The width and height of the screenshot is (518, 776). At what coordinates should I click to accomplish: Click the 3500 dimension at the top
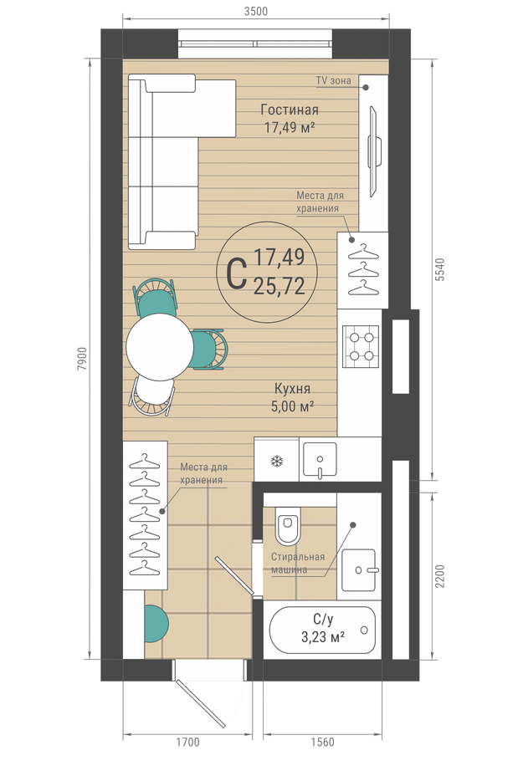tap(255, 11)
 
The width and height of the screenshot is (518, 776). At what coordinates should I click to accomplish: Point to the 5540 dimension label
tap(439, 269)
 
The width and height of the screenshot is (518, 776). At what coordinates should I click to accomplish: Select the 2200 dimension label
tap(439, 576)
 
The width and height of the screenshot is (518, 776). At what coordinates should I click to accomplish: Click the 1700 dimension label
tap(187, 742)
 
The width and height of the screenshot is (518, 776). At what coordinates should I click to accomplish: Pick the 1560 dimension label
tap(322, 742)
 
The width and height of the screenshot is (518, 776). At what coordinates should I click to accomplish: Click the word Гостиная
tap(290, 110)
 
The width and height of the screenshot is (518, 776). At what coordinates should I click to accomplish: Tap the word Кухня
tap(292, 389)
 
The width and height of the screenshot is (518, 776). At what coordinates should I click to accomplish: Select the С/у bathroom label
tap(323, 619)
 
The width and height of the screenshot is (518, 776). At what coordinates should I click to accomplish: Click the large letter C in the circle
tap(236, 276)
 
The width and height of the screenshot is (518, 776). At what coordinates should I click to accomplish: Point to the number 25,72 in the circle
tap(279, 286)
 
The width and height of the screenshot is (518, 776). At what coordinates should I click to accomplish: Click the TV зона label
tap(333, 80)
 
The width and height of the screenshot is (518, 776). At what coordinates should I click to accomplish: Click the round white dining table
tap(160, 346)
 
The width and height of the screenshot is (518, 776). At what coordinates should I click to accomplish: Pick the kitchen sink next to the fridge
tap(320, 460)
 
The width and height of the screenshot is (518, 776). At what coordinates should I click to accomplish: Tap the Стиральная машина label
tap(298, 564)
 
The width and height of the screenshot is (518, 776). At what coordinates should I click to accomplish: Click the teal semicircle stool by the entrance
tap(156, 623)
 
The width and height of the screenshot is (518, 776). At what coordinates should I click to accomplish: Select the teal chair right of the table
tap(208, 349)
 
